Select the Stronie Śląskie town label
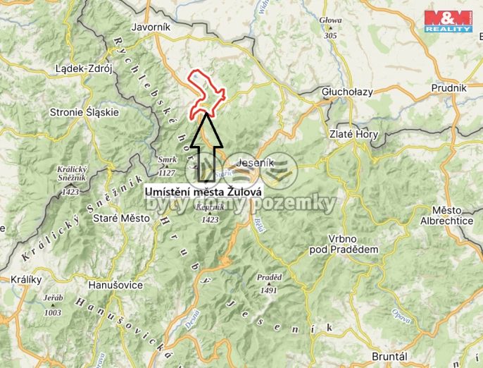click(84, 111)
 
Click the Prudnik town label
click(451, 87)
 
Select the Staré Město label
click(122, 219)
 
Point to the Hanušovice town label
click(115, 285)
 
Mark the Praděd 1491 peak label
click(268, 283)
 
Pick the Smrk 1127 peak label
click(168, 166)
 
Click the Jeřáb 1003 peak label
click(53, 305)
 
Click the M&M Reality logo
click(448, 21)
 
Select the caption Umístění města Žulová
click(203, 191)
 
